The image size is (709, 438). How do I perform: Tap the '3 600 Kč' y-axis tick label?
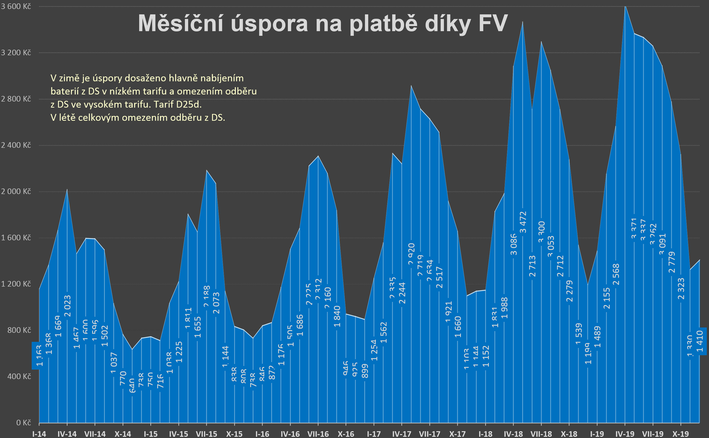coord(16,6)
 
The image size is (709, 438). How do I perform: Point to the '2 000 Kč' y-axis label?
coord(16,191)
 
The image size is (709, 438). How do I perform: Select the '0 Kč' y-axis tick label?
coord(23,423)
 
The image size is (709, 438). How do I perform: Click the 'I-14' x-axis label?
coord(39,434)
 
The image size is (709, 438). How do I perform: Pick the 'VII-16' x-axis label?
coord(318,434)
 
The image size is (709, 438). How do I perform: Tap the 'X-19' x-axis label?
coord(680,434)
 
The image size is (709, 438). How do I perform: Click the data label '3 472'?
coord(523,222)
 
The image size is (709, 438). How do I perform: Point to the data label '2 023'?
coord(67,306)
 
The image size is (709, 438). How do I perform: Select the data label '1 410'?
coord(700,341)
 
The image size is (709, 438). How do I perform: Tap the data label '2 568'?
coord(616,274)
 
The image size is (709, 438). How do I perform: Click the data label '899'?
coord(365,371)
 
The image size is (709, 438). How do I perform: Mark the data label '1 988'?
coord(504,308)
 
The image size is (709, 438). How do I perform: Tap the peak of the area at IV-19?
coord(625,6)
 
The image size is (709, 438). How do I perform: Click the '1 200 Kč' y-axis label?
coord(16,284)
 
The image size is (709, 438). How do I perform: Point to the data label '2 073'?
coord(216,303)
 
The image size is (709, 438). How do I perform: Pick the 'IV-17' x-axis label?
coord(402,434)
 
